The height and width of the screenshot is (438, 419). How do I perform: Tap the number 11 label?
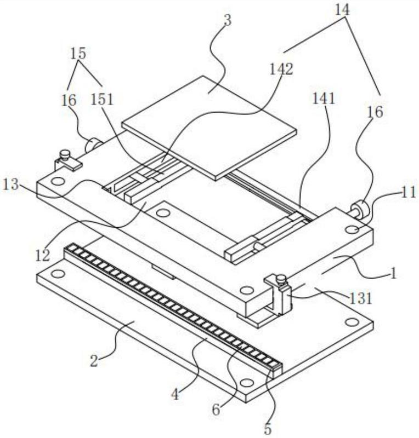click(409, 192)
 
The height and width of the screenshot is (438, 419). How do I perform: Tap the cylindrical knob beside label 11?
click(359, 209)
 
